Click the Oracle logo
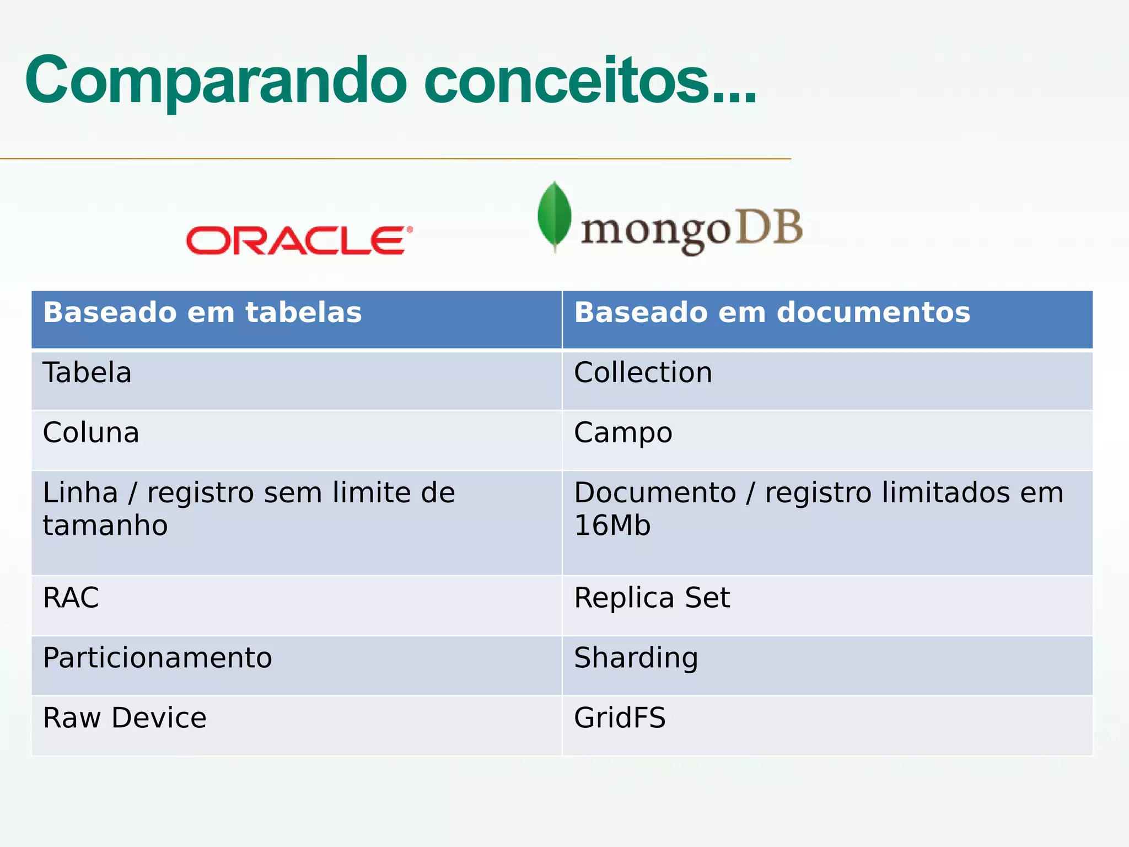299,240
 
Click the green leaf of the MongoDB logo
554,216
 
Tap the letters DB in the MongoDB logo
769,227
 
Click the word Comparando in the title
216,81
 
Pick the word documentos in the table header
873,313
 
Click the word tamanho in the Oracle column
105,526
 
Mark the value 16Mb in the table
612,526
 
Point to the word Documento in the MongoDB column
655,493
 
